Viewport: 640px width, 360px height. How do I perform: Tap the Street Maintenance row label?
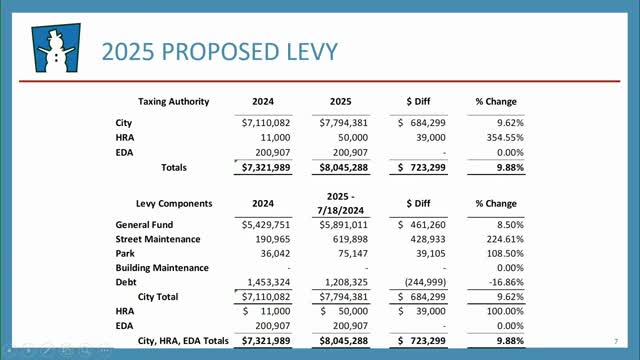[x=158, y=240]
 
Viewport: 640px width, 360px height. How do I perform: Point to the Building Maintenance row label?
[x=162, y=268]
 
